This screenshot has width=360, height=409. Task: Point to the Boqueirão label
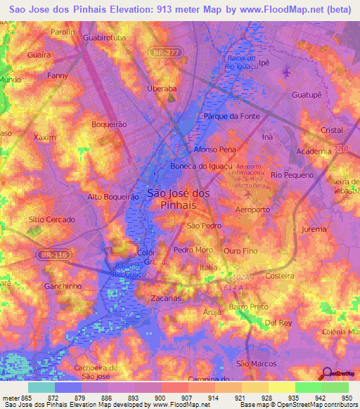coord(109,124)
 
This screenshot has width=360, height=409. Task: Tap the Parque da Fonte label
coord(232,116)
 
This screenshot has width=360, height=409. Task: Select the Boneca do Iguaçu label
coord(198,167)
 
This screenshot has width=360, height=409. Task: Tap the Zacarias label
coord(167,298)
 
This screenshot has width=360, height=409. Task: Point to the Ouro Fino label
coord(240,250)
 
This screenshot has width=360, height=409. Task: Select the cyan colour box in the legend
coord(41,387)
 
